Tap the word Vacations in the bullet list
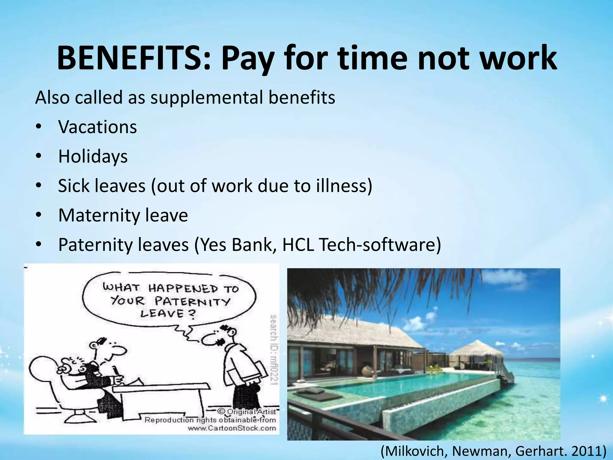[x=98, y=127]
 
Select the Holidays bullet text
[x=93, y=156]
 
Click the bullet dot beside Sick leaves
[x=38, y=186]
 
